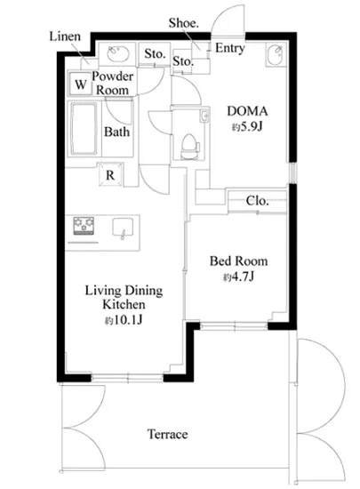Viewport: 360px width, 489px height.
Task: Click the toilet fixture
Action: pyautogui.click(x=190, y=147)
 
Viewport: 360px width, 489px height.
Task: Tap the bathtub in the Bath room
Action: pyautogui.click(x=84, y=129)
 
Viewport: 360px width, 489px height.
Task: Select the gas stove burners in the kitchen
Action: pyautogui.click(x=84, y=226)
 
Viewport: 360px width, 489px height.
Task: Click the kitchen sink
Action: pyautogui.click(x=123, y=228)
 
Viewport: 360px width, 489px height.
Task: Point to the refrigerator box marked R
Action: pyautogui.click(x=110, y=174)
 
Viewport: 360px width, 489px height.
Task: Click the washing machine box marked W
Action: pyautogui.click(x=80, y=84)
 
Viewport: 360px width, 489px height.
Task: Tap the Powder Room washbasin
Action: pyautogui.click(x=118, y=54)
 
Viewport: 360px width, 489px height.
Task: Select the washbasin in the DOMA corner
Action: pyautogui.click(x=276, y=54)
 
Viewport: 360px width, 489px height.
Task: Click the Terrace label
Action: pyautogui.click(x=168, y=434)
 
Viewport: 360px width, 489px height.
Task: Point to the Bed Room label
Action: pyautogui.click(x=238, y=261)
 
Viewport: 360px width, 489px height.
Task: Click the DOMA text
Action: pyautogui.click(x=247, y=111)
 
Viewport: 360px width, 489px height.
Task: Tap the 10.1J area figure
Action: pyautogui.click(x=127, y=320)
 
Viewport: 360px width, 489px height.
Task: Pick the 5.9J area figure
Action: pyautogui.click(x=251, y=126)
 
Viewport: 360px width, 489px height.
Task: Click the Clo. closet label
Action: pyautogui.click(x=257, y=201)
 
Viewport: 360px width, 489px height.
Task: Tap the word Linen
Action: pyautogui.click(x=65, y=36)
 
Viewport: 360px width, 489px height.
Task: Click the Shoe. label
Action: pyautogui.click(x=184, y=23)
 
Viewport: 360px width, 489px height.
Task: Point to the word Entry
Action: pyautogui.click(x=230, y=48)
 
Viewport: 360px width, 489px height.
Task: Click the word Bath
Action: pyautogui.click(x=116, y=132)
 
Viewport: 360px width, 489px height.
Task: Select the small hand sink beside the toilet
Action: pyautogui.click(x=204, y=116)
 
